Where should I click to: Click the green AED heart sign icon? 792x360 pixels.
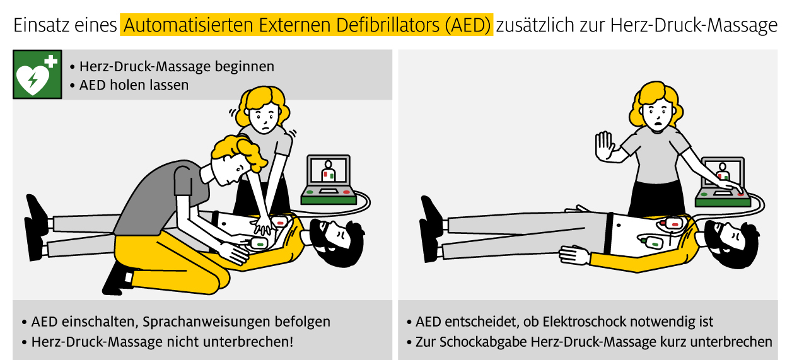click(x=37, y=74)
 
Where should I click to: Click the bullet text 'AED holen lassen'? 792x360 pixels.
click(x=134, y=84)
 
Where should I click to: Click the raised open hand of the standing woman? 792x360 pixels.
click(x=603, y=146)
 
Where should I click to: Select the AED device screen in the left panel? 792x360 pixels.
click(x=328, y=171)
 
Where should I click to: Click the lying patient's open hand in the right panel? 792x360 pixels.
click(x=574, y=256)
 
